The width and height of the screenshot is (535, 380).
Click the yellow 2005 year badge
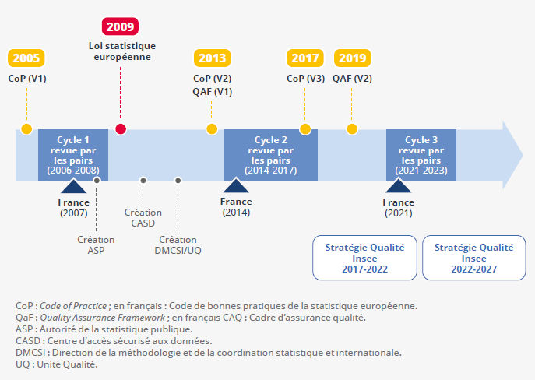26,58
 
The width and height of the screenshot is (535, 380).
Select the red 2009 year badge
120,26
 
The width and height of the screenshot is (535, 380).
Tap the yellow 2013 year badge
212,58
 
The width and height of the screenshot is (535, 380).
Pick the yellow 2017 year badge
305,58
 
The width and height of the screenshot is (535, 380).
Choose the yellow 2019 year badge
352,58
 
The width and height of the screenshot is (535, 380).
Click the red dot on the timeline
120,128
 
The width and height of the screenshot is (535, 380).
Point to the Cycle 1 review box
73,155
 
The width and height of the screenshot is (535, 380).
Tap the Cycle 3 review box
421,155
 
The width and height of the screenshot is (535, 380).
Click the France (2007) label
73,207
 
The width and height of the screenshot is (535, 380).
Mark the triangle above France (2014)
236,186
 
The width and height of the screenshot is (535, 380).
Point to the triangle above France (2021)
398,186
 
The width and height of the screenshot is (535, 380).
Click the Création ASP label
96,245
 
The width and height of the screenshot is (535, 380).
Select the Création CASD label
143,217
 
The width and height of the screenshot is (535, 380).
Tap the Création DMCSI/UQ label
178,245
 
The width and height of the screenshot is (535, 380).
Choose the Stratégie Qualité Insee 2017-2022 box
364,259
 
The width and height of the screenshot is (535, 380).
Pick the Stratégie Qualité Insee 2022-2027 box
473,259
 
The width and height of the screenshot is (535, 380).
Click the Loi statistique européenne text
120,51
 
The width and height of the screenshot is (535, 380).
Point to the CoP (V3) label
305,79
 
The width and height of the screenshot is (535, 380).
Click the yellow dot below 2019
352,128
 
